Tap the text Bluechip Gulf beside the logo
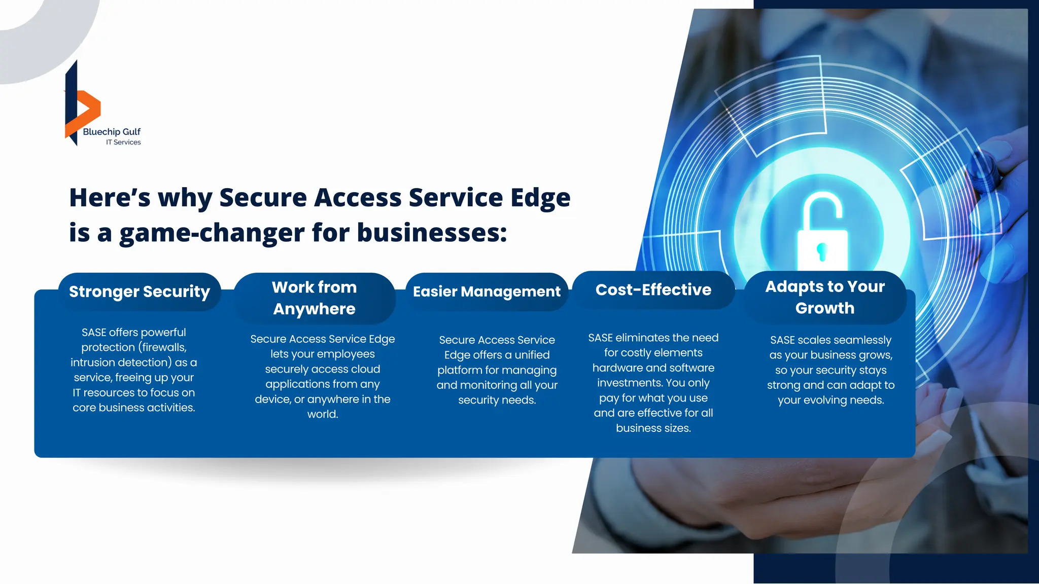click(x=112, y=132)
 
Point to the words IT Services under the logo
click(x=123, y=142)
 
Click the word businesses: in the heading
click(x=432, y=233)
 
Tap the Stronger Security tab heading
click(x=140, y=291)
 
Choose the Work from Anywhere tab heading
click(x=315, y=298)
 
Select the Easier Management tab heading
click(x=487, y=291)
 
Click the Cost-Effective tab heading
click(x=653, y=290)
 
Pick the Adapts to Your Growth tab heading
click(x=825, y=297)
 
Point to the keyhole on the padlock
click(x=822, y=250)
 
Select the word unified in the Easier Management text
click(x=532, y=355)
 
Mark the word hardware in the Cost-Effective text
click(x=616, y=368)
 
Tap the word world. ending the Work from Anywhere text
click(x=323, y=414)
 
